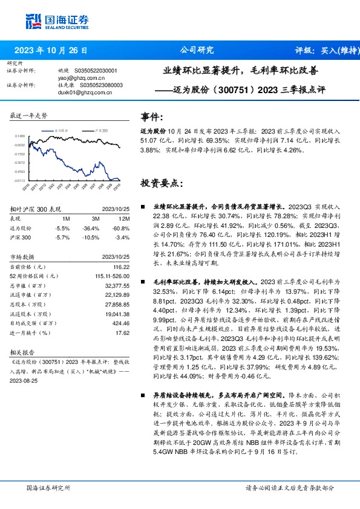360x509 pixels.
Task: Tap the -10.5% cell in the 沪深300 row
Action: point(91,238)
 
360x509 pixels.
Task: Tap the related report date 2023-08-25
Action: point(25,382)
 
